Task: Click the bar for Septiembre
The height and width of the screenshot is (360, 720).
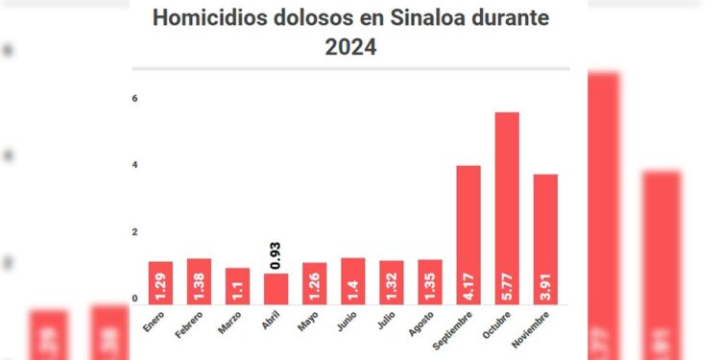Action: click(x=468, y=235)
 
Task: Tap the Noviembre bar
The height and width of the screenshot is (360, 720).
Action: click(x=545, y=239)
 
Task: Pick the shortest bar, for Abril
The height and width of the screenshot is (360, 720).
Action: click(x=276, y=289)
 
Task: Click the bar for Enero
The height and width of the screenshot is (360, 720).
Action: click(x=160, y=283)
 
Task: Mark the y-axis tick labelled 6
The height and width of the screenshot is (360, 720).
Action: click(x=135, y=98)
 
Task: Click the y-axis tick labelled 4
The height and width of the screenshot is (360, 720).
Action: click(x=135, y=165)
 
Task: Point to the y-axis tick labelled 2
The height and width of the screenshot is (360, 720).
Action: click(x=135, y=232)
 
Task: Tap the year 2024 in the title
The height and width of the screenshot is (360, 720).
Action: click(x=351, y=47)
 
